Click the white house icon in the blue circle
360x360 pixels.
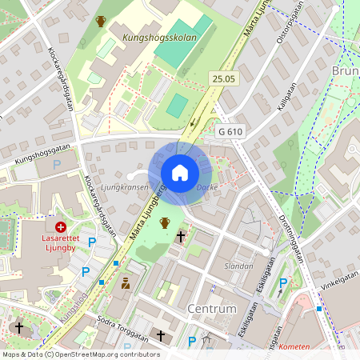tap(180, 173)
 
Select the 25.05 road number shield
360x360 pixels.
tap(224, 78)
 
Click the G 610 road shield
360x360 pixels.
tap(230, 131)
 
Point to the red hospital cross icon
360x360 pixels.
tap(60, 227)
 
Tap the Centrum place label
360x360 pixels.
tap(211, 308)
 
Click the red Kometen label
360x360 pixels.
tap(294, 347)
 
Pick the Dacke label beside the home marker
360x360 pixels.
tap(207, 187)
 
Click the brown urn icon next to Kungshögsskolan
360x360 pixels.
tap(101, 22)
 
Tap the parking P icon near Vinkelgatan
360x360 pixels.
tap(283, 282)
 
